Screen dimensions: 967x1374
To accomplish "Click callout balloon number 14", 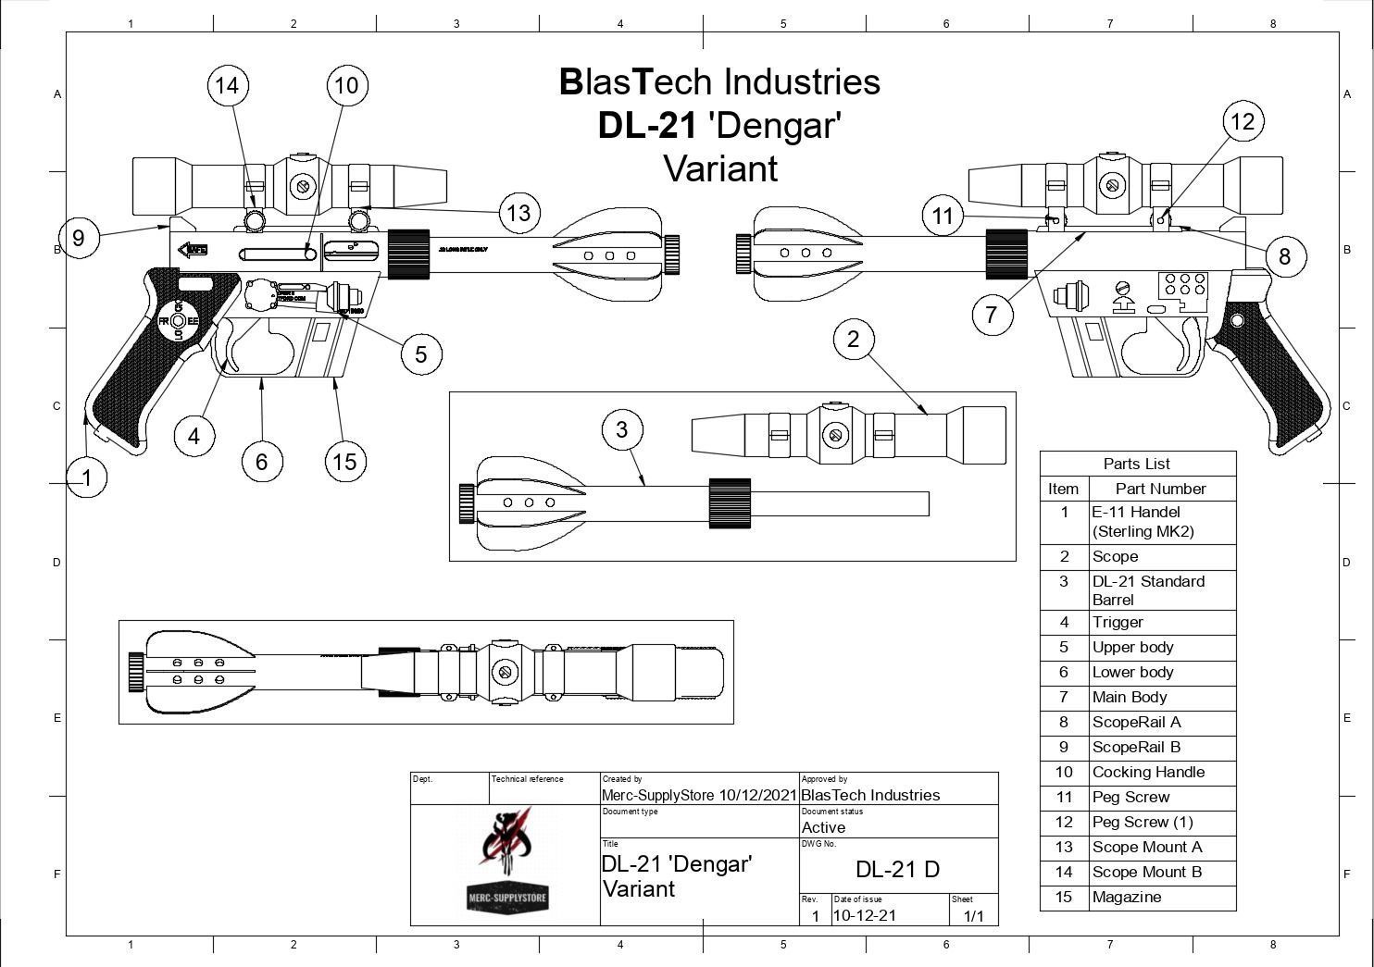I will point(227,86).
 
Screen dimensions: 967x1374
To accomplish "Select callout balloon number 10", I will point(346,86).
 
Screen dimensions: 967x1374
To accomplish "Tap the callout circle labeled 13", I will point(518,213).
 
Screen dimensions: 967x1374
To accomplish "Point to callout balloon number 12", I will point(1243,121).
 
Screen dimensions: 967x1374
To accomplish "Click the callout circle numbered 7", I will point(992,315).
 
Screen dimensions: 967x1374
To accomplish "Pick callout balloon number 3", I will point(621,429).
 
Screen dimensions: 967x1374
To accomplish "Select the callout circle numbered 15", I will point(344,462).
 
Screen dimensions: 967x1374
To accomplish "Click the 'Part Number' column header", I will point(1160,489).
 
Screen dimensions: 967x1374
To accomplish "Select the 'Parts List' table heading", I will point(1137,464).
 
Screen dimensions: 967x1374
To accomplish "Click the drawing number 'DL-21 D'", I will point(897,869).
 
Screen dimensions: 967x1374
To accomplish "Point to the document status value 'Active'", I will point(823,827).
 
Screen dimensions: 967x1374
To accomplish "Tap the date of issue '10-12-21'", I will point(865,915).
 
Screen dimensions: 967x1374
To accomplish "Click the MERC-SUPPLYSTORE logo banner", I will point(506,898).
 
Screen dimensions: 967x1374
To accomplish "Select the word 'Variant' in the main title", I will point(720,169).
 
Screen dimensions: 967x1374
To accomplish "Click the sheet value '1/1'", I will point(974,916).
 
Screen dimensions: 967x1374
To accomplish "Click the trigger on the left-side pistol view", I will point(224,351).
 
